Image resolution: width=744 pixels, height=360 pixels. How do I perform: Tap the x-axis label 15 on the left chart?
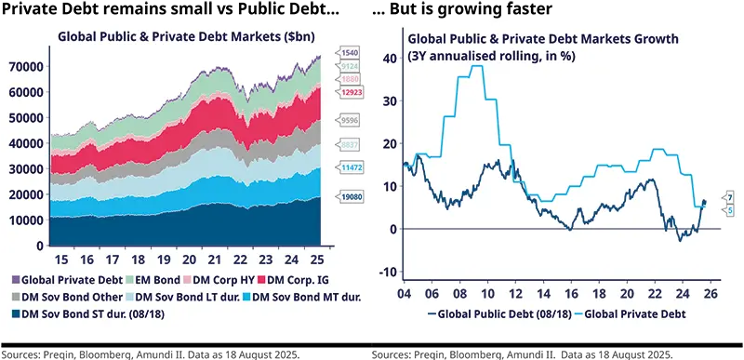pos(61,260)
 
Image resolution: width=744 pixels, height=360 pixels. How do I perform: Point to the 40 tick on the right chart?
pos(388,57)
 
